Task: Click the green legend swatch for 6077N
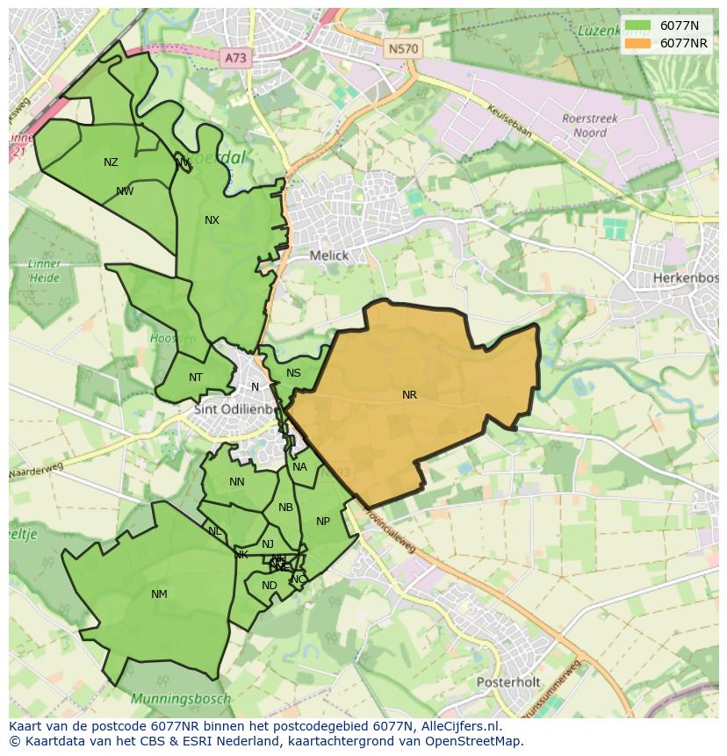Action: click(638, 25)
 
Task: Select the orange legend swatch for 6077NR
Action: click(638, 43)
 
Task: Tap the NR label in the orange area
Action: click(409, 395)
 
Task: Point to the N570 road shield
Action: click(403, 49)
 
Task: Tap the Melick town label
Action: click(329, 256)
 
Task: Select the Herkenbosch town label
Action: click(686, 277)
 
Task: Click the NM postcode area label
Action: click(159, 594)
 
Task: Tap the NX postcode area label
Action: click(212, 220)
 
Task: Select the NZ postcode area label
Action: click(111, 162)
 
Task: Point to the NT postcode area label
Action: click(196, 378)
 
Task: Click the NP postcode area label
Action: click(323, 522)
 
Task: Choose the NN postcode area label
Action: click(237, 482)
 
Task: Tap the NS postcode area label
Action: click(293, 373)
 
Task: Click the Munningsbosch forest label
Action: click(181, 699)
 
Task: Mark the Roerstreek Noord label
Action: click(590, 126)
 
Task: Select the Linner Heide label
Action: click(44, 270)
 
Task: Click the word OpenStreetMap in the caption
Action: click(474, 741)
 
